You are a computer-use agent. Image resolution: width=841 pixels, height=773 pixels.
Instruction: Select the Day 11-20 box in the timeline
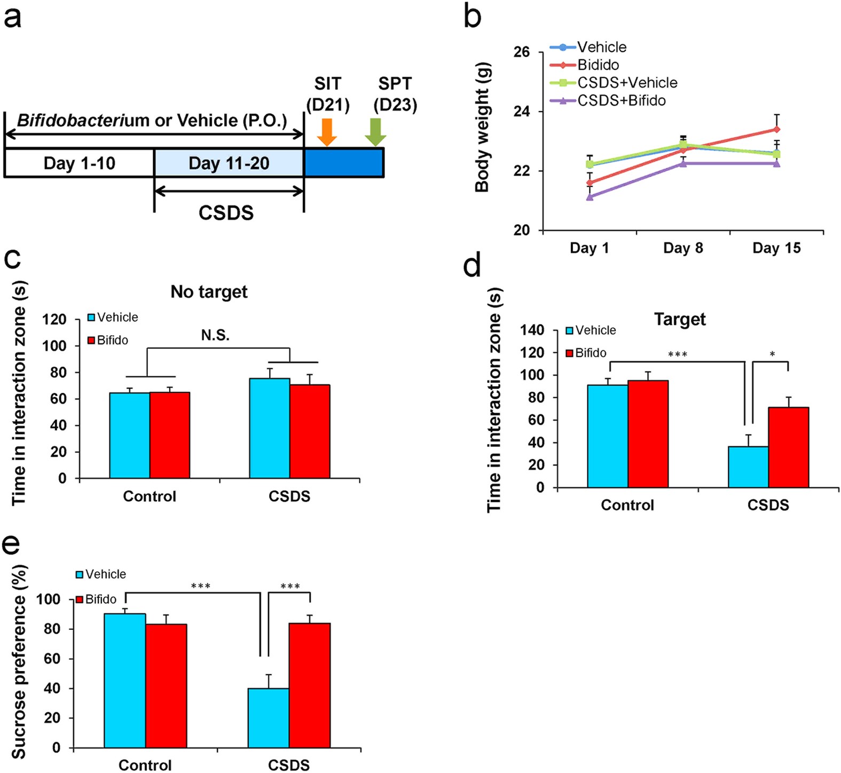(x=229, y=163)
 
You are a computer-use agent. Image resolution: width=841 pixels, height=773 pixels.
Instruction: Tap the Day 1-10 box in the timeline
(x=79, y=163)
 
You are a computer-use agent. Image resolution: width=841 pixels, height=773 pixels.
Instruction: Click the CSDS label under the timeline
(x=226, y=213)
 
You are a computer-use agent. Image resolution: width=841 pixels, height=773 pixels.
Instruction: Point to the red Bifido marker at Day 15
(x=776, y=129)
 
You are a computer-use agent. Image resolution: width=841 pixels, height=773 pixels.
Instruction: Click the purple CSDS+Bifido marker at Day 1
(x=590, y=197)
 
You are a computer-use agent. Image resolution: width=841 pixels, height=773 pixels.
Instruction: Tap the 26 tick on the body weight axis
(x=521, y=52)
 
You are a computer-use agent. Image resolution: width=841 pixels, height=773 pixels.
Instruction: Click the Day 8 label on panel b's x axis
(x=683, y=248)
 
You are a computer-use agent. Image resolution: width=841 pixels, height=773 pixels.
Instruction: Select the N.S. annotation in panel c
(x=215, y=335)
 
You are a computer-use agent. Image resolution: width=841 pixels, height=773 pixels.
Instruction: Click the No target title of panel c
(x=209, y=292)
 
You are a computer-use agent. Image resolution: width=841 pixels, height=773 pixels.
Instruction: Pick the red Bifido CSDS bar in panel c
(x=310, y=431)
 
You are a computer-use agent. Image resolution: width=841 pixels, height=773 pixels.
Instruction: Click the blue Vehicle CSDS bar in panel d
(x=748, y=467)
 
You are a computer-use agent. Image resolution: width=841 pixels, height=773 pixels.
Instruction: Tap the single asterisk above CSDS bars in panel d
(x=772, y=354)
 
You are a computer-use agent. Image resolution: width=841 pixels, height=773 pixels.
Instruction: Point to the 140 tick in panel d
(x=532, y=330)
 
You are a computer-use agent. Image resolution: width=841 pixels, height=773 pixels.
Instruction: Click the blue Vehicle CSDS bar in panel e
(x=269, y=718)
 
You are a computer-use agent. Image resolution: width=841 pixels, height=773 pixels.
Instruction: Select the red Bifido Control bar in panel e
(x=166, y=686)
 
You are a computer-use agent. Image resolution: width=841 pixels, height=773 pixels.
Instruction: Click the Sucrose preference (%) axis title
(x=19, y=662)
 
